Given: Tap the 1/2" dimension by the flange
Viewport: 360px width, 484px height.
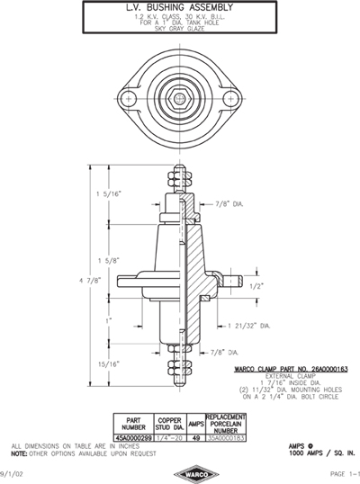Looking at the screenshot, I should coord(256,286).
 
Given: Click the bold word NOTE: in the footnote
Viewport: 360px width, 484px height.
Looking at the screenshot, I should coord(21,452).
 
